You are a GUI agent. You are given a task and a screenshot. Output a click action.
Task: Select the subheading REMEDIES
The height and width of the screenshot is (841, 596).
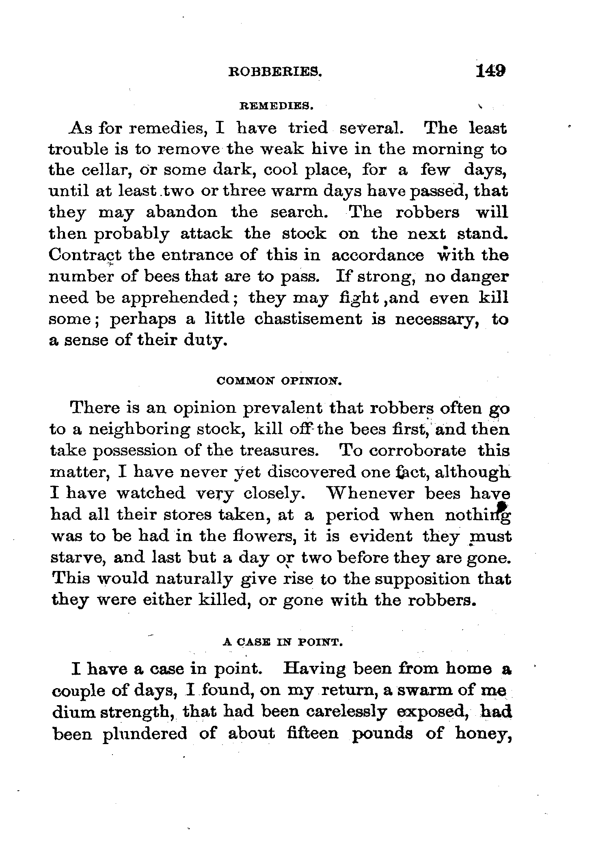[276, 106]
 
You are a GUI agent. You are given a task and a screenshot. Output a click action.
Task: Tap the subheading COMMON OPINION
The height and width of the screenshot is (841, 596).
[278, 381]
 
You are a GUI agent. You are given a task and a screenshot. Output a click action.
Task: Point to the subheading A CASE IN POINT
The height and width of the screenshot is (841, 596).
[283, 643]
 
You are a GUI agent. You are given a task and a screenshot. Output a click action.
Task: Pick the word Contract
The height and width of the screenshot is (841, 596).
[85, 255]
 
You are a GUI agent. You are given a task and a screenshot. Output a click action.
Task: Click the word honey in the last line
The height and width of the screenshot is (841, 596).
[483, 734]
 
